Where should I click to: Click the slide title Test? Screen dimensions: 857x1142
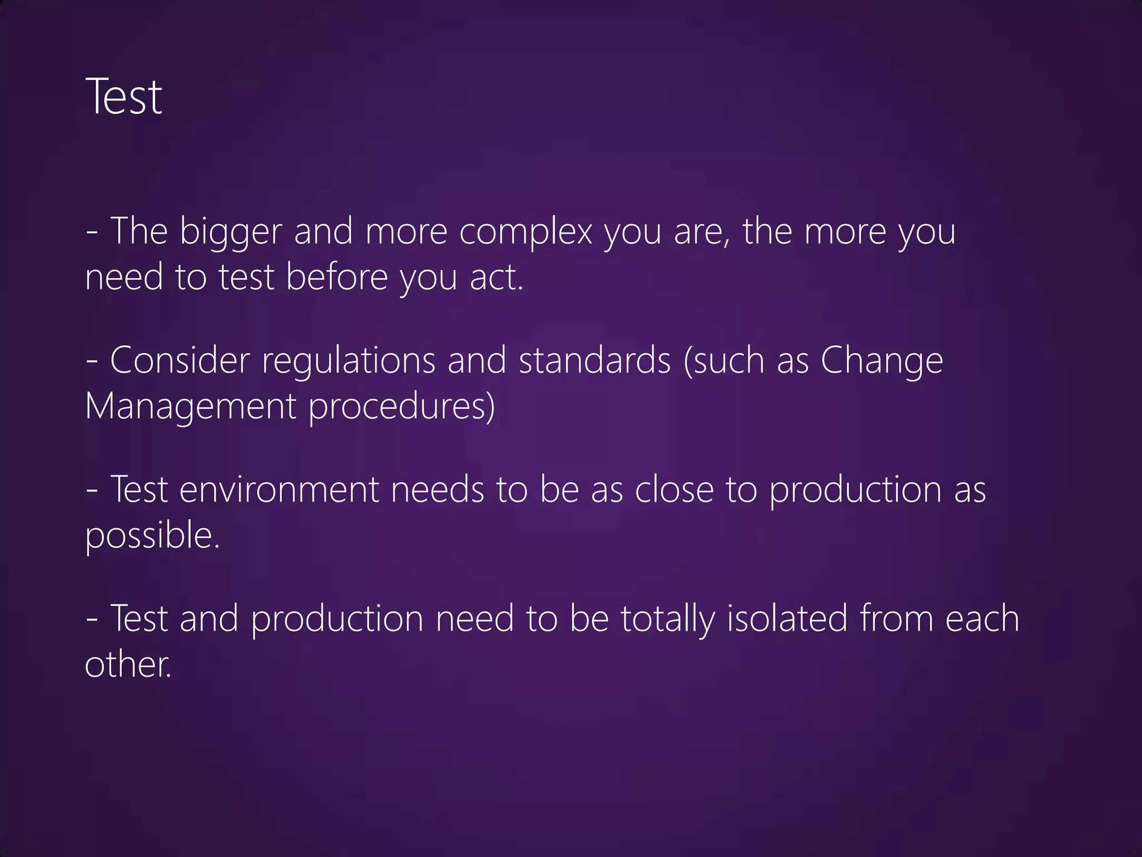[x=124, y=97]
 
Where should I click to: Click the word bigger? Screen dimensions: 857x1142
[x=230, y=232]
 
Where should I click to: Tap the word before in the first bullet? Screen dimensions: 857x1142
[x=336, y=277]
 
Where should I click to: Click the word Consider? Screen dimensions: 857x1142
[x=180, y=360]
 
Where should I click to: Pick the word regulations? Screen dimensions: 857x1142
[x=349, y=362]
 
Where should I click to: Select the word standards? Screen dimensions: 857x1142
[x=594, y=360]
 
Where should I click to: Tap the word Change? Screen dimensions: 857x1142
[x=882, y=362]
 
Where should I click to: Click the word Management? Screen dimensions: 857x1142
[x=190, y=407]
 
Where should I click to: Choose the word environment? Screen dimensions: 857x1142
[x=279, y=489]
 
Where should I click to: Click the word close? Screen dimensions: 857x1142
[x=674, y=489]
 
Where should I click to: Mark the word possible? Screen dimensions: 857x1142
[x=152, y=536]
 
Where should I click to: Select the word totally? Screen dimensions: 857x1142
[x=667, y=619]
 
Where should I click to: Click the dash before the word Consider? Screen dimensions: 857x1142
[x=93, y=362]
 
